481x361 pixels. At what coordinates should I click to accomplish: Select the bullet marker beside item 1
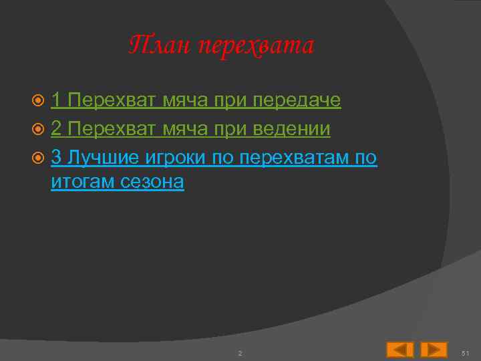pyautogui.click(x=39, y=101)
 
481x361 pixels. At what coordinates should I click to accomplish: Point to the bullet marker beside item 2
pyautogui.click(x=39, y=129)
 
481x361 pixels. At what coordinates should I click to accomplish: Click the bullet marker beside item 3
pyautogui.click(x=39, y=157)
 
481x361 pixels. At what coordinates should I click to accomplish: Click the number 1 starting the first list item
pyautogui.click(x=57, y=100)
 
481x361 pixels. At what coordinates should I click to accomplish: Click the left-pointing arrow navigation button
pyautogui.click(x=400, y=350)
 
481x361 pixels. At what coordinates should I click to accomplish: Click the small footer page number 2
pyautogui.click(x=240, y=352)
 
